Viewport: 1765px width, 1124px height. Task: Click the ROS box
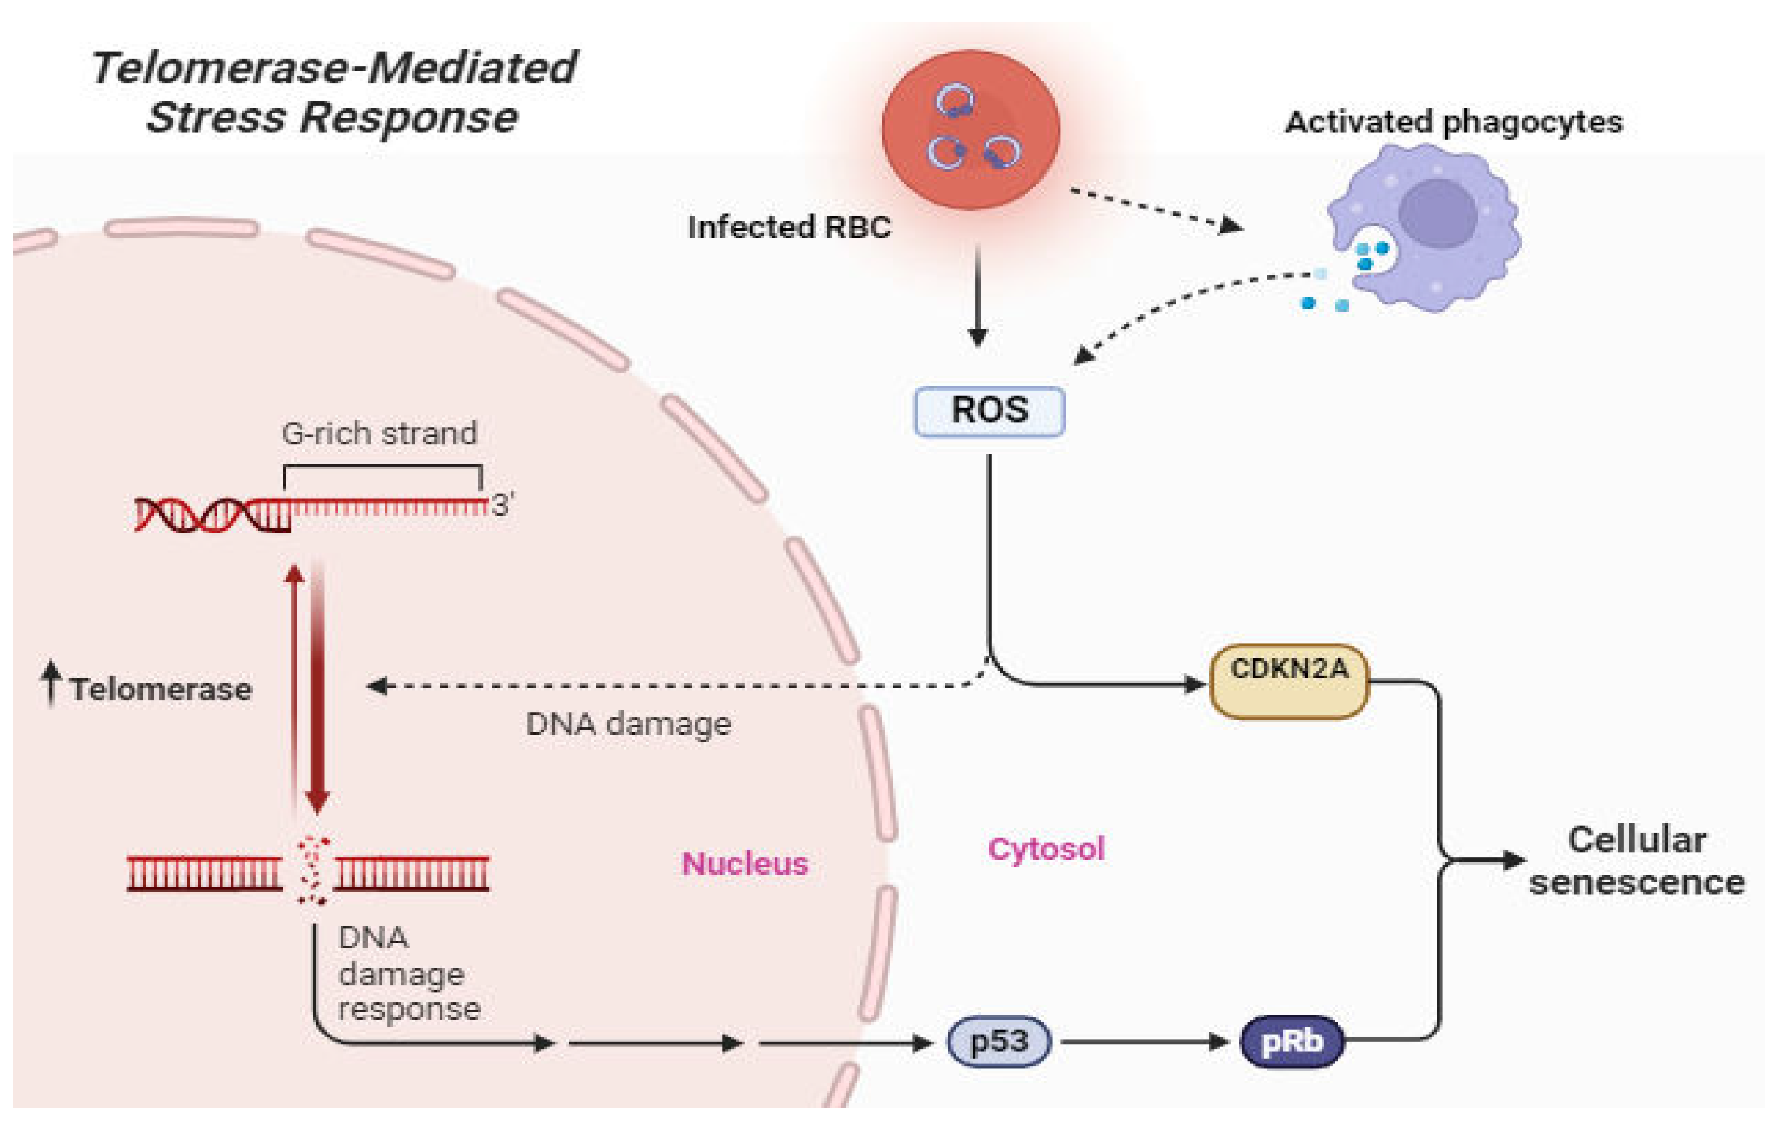point(989,411)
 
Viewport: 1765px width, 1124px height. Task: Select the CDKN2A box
point(1289,681)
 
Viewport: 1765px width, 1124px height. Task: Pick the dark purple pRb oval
point(1292,1041)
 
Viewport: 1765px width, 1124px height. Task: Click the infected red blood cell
point(970,129)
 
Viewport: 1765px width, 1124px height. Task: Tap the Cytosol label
point(1046,848)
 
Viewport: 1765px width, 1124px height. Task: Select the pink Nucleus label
point(745,863)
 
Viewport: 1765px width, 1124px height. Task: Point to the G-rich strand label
point(379,434)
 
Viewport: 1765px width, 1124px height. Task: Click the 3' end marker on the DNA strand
point(502,506)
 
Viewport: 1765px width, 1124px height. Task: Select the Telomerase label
point(161,690)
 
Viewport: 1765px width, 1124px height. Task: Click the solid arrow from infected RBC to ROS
point(977,293)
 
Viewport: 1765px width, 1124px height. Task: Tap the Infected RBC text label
point(789,227)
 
